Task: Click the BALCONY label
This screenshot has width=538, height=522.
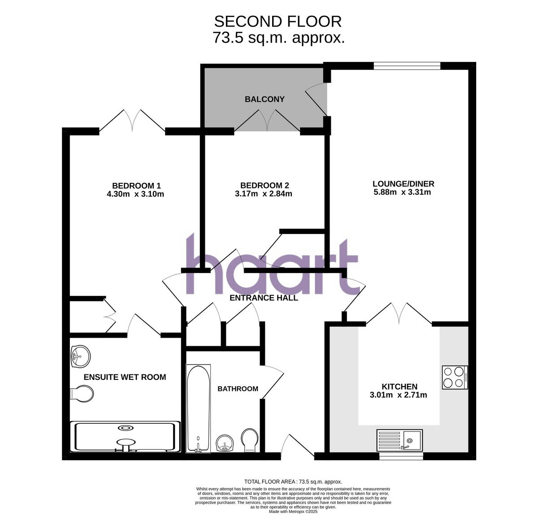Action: pos(264,99)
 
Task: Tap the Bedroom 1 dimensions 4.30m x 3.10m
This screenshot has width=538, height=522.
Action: pos(135,194)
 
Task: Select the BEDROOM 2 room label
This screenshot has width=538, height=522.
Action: pos(265,185)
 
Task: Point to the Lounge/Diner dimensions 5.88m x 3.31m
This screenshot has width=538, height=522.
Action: pos(402,192)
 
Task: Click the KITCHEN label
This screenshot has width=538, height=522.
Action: pos(399,387)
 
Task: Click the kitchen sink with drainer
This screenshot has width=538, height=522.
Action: pos(399,440)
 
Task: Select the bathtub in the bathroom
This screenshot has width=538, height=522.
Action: pos(198,408)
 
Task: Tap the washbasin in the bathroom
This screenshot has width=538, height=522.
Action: pos(224,444)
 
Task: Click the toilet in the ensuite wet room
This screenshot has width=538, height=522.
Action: pos(83,394)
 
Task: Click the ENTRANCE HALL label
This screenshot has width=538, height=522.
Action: pos(264,298)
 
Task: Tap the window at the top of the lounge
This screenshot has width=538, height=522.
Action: pos(407,65)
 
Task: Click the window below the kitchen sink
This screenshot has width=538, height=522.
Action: pos(400,456)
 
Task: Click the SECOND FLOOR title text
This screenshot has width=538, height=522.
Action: pos(278,21)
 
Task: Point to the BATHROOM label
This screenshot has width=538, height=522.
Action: pos(238,389)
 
